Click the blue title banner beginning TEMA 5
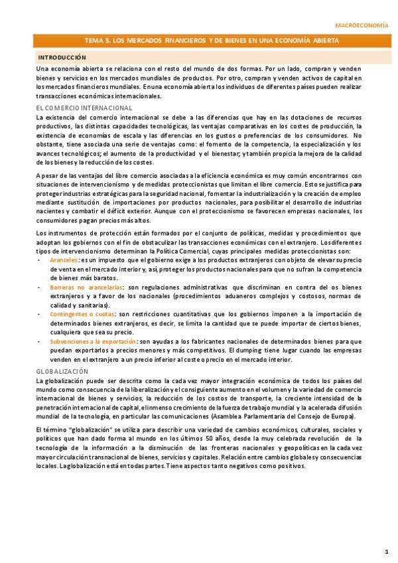(199, 40)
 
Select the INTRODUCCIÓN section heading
(62, 58)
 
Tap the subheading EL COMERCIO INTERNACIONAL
(84, 108)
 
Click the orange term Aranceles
(64, 260)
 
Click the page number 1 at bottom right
(386, 551)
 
